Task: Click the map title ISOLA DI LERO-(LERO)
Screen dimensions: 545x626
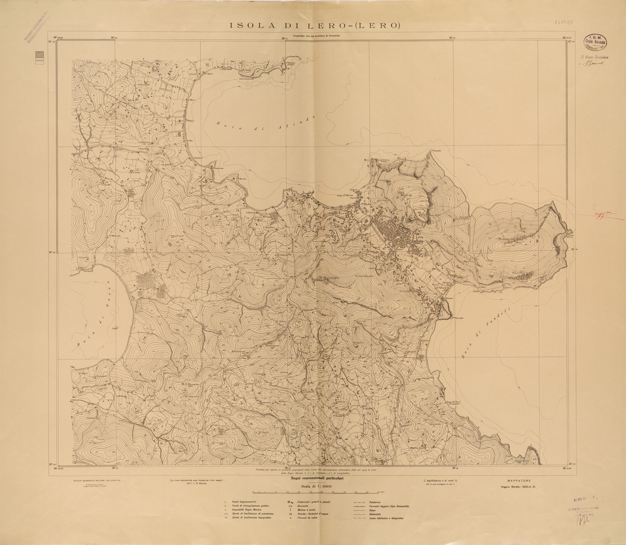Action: (315, 26)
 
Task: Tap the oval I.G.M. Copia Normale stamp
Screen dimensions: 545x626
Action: (595, 42)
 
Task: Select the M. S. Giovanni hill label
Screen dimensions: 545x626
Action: (193, 385)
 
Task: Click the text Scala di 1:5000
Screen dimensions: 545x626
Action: (315, 486)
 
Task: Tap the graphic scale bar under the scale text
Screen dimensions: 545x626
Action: (315, 492)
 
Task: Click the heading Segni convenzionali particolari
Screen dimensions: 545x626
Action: (315, 479)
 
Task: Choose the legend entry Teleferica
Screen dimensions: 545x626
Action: (376, 502)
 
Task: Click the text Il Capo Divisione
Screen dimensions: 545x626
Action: (594, 57)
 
